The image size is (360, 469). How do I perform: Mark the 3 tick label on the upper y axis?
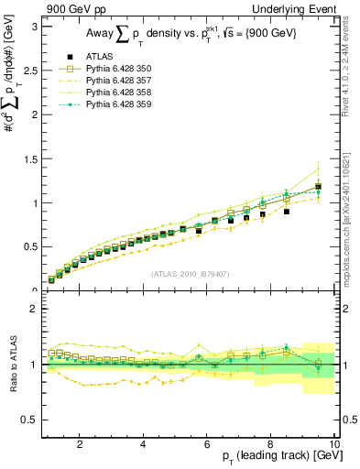pos(34,27)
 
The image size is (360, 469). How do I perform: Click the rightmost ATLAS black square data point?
pos(318,188)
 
